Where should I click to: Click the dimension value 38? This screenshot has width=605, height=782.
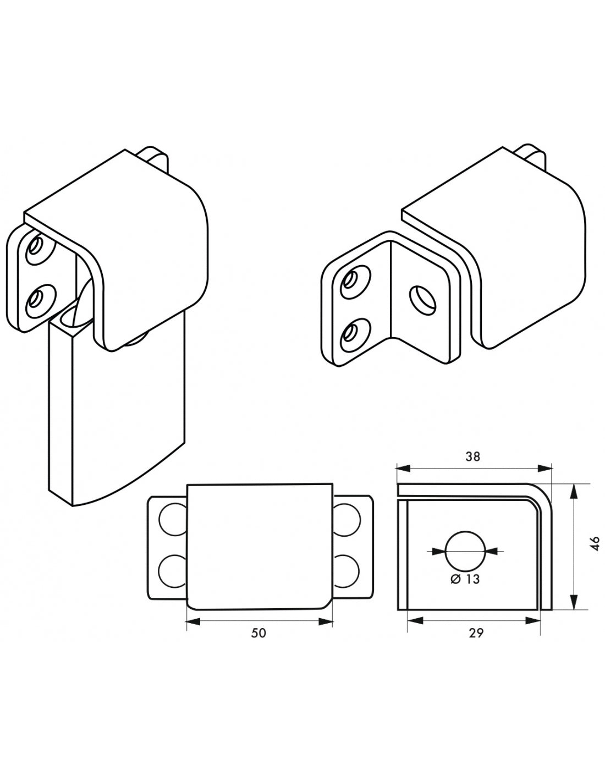(x=472, y=456)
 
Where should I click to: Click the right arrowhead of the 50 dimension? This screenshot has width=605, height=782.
(x=326, y=621)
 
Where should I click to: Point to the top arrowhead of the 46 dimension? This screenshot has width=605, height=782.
(x=574, y=491)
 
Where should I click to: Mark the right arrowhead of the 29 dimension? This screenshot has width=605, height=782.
(x=533, y=620)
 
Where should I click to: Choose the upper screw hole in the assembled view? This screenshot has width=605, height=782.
(x=41, y=249)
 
